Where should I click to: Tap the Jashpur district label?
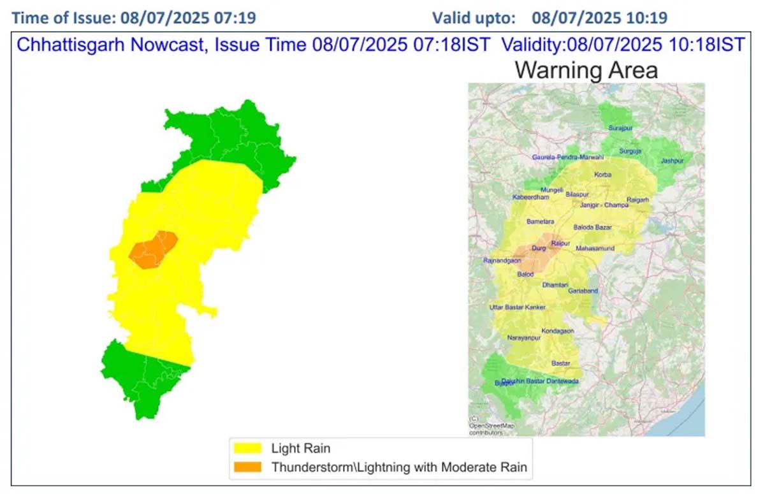(x=672, y=161)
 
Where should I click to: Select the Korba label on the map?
(x=602, y=175)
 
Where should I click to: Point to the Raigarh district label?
(x=637, y=200)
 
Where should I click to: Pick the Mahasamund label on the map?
(x=595, y=248)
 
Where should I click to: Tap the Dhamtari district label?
(x=554, y=285)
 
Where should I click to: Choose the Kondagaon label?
(x=557, y=331)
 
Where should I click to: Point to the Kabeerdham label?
(x=530, y=198)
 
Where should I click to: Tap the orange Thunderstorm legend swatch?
(x=248, y=467)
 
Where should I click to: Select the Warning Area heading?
(x=586, y=69)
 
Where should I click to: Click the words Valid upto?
(x=474, y=17)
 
